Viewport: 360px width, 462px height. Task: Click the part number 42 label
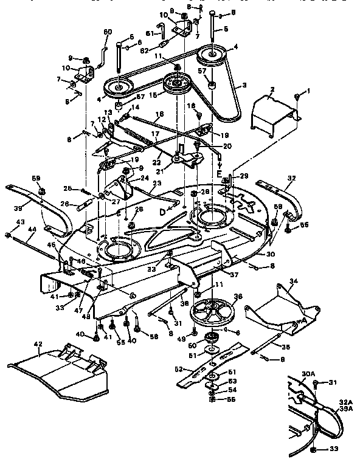coord(38,345)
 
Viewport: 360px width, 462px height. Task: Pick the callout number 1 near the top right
coord(308,91)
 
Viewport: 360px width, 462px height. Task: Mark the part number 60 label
coord(108,32)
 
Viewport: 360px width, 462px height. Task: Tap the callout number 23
coord(157,183)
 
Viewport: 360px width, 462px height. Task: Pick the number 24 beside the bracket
coord(145,179)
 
